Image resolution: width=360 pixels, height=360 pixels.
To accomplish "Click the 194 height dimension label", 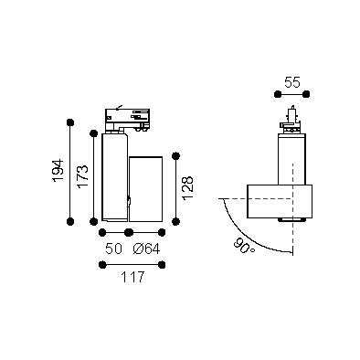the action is pos(58,171).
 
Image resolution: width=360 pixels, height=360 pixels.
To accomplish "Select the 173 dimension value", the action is pos(83,177).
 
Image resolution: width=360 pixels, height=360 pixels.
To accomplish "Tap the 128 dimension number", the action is pos(188,188).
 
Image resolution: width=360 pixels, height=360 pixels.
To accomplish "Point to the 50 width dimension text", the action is pos(114,249).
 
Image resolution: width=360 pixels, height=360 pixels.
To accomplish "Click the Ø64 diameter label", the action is pos(146,249).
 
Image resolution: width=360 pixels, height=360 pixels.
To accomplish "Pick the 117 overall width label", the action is pos(132,277).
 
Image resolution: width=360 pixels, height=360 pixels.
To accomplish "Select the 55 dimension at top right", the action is pos(292,82).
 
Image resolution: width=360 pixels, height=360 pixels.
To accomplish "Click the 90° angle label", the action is pos(244,247).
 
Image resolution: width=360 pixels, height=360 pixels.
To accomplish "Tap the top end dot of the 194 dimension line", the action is pos(70,122).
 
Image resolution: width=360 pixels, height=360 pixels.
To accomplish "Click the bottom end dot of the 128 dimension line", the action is pos(175,221).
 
